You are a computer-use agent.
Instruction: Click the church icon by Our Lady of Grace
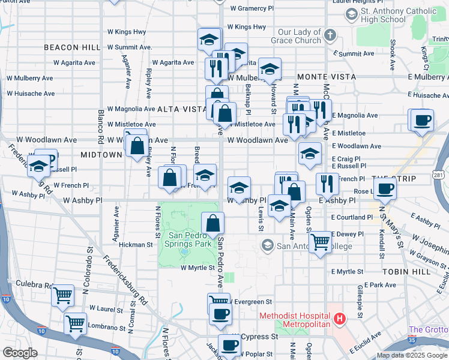click(x=330, y=36)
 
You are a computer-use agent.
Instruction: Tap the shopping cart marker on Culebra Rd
click(x=62, y=296)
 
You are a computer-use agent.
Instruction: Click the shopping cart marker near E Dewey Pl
click(x=321, y=242)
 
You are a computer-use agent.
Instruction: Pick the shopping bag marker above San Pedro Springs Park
click(x=213, y=224)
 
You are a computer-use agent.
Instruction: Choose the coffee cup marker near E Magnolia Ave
click(x=421, y=120)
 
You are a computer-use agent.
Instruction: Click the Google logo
click(x=20, y=353)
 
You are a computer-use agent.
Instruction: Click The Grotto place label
click(x=428, y=329)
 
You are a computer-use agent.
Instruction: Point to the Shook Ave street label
click(x=392, y=55)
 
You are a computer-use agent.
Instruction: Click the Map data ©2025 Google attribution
click(x=411, y=355)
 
